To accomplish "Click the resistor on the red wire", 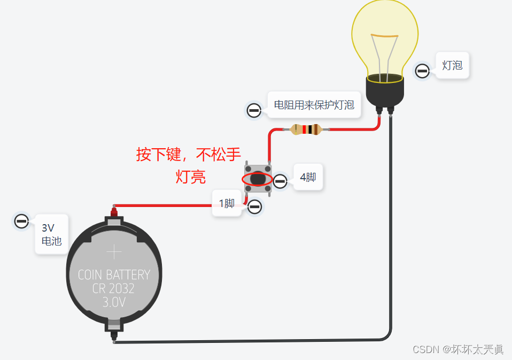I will pyautogui.click(x=306, y=129).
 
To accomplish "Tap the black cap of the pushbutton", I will pyautogui.click(x=258, y=179).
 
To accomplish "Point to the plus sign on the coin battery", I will pyautogui.click(x=114, y=252).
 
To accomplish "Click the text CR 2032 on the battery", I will pyautogui.click(x=113, y=288).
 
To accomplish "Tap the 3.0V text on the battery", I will pyautogui.click(x=113, y=302).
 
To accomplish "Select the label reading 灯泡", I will pyautogui.click(x=452, y=66).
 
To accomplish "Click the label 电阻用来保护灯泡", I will pyautogui.click(x=314, y=105).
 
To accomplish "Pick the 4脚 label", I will pyautogui.click(x=308, y=177).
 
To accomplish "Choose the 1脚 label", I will pyautogui.click(x=227, y=203).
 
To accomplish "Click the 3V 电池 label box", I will pyautogui.click(x=51, y=234).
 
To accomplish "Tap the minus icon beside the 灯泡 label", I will pyautogui.click(x=422, y=71).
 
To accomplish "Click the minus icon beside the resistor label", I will pyautogui.click(x=253, y=111).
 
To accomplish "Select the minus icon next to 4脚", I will pyautogui.click(x=281, y=182).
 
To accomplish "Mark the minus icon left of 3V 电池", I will pyautogui.click(x=21, y=221).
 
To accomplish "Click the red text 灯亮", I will pyautogui.click(x=191, y=177).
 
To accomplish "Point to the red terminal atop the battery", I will pyautogui.click(x=113, y=212).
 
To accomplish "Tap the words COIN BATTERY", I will pyautogui.click(x=114, y=275).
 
